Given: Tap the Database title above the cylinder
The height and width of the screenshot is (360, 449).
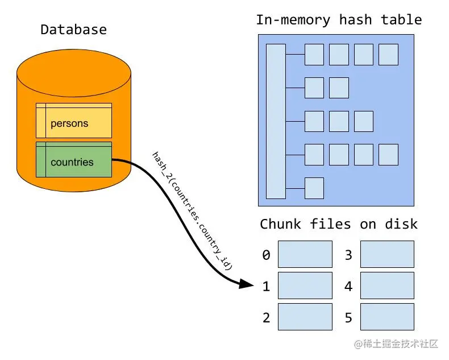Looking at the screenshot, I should [73, 30].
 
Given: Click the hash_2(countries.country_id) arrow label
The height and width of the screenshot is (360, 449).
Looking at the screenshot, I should [192, 210].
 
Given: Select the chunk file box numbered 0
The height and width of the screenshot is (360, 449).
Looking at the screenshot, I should [305, 254].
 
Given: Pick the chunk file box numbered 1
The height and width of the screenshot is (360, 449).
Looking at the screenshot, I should [305, 285].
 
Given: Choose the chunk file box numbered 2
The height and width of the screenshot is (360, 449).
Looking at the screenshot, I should [305, 317].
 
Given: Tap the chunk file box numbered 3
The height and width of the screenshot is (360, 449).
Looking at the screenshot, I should [387, 254].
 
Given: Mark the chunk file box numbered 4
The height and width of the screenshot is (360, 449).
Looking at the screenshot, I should [387, 285].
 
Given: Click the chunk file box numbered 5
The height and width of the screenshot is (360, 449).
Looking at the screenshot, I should [387, 317].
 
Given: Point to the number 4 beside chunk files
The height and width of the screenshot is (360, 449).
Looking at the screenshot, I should [348, 286].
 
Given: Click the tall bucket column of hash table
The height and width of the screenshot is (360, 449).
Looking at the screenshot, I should [276, 121].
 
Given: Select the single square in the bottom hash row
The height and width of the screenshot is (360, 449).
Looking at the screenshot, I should [314, 188].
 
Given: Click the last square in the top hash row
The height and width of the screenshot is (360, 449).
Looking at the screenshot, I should [388, 55].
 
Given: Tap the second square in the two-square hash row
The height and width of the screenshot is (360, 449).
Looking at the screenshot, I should [339, 88].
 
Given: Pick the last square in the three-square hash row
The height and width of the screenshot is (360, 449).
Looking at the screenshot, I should [363, 121].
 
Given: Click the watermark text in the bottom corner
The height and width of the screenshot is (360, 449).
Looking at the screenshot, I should [396, 344].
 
